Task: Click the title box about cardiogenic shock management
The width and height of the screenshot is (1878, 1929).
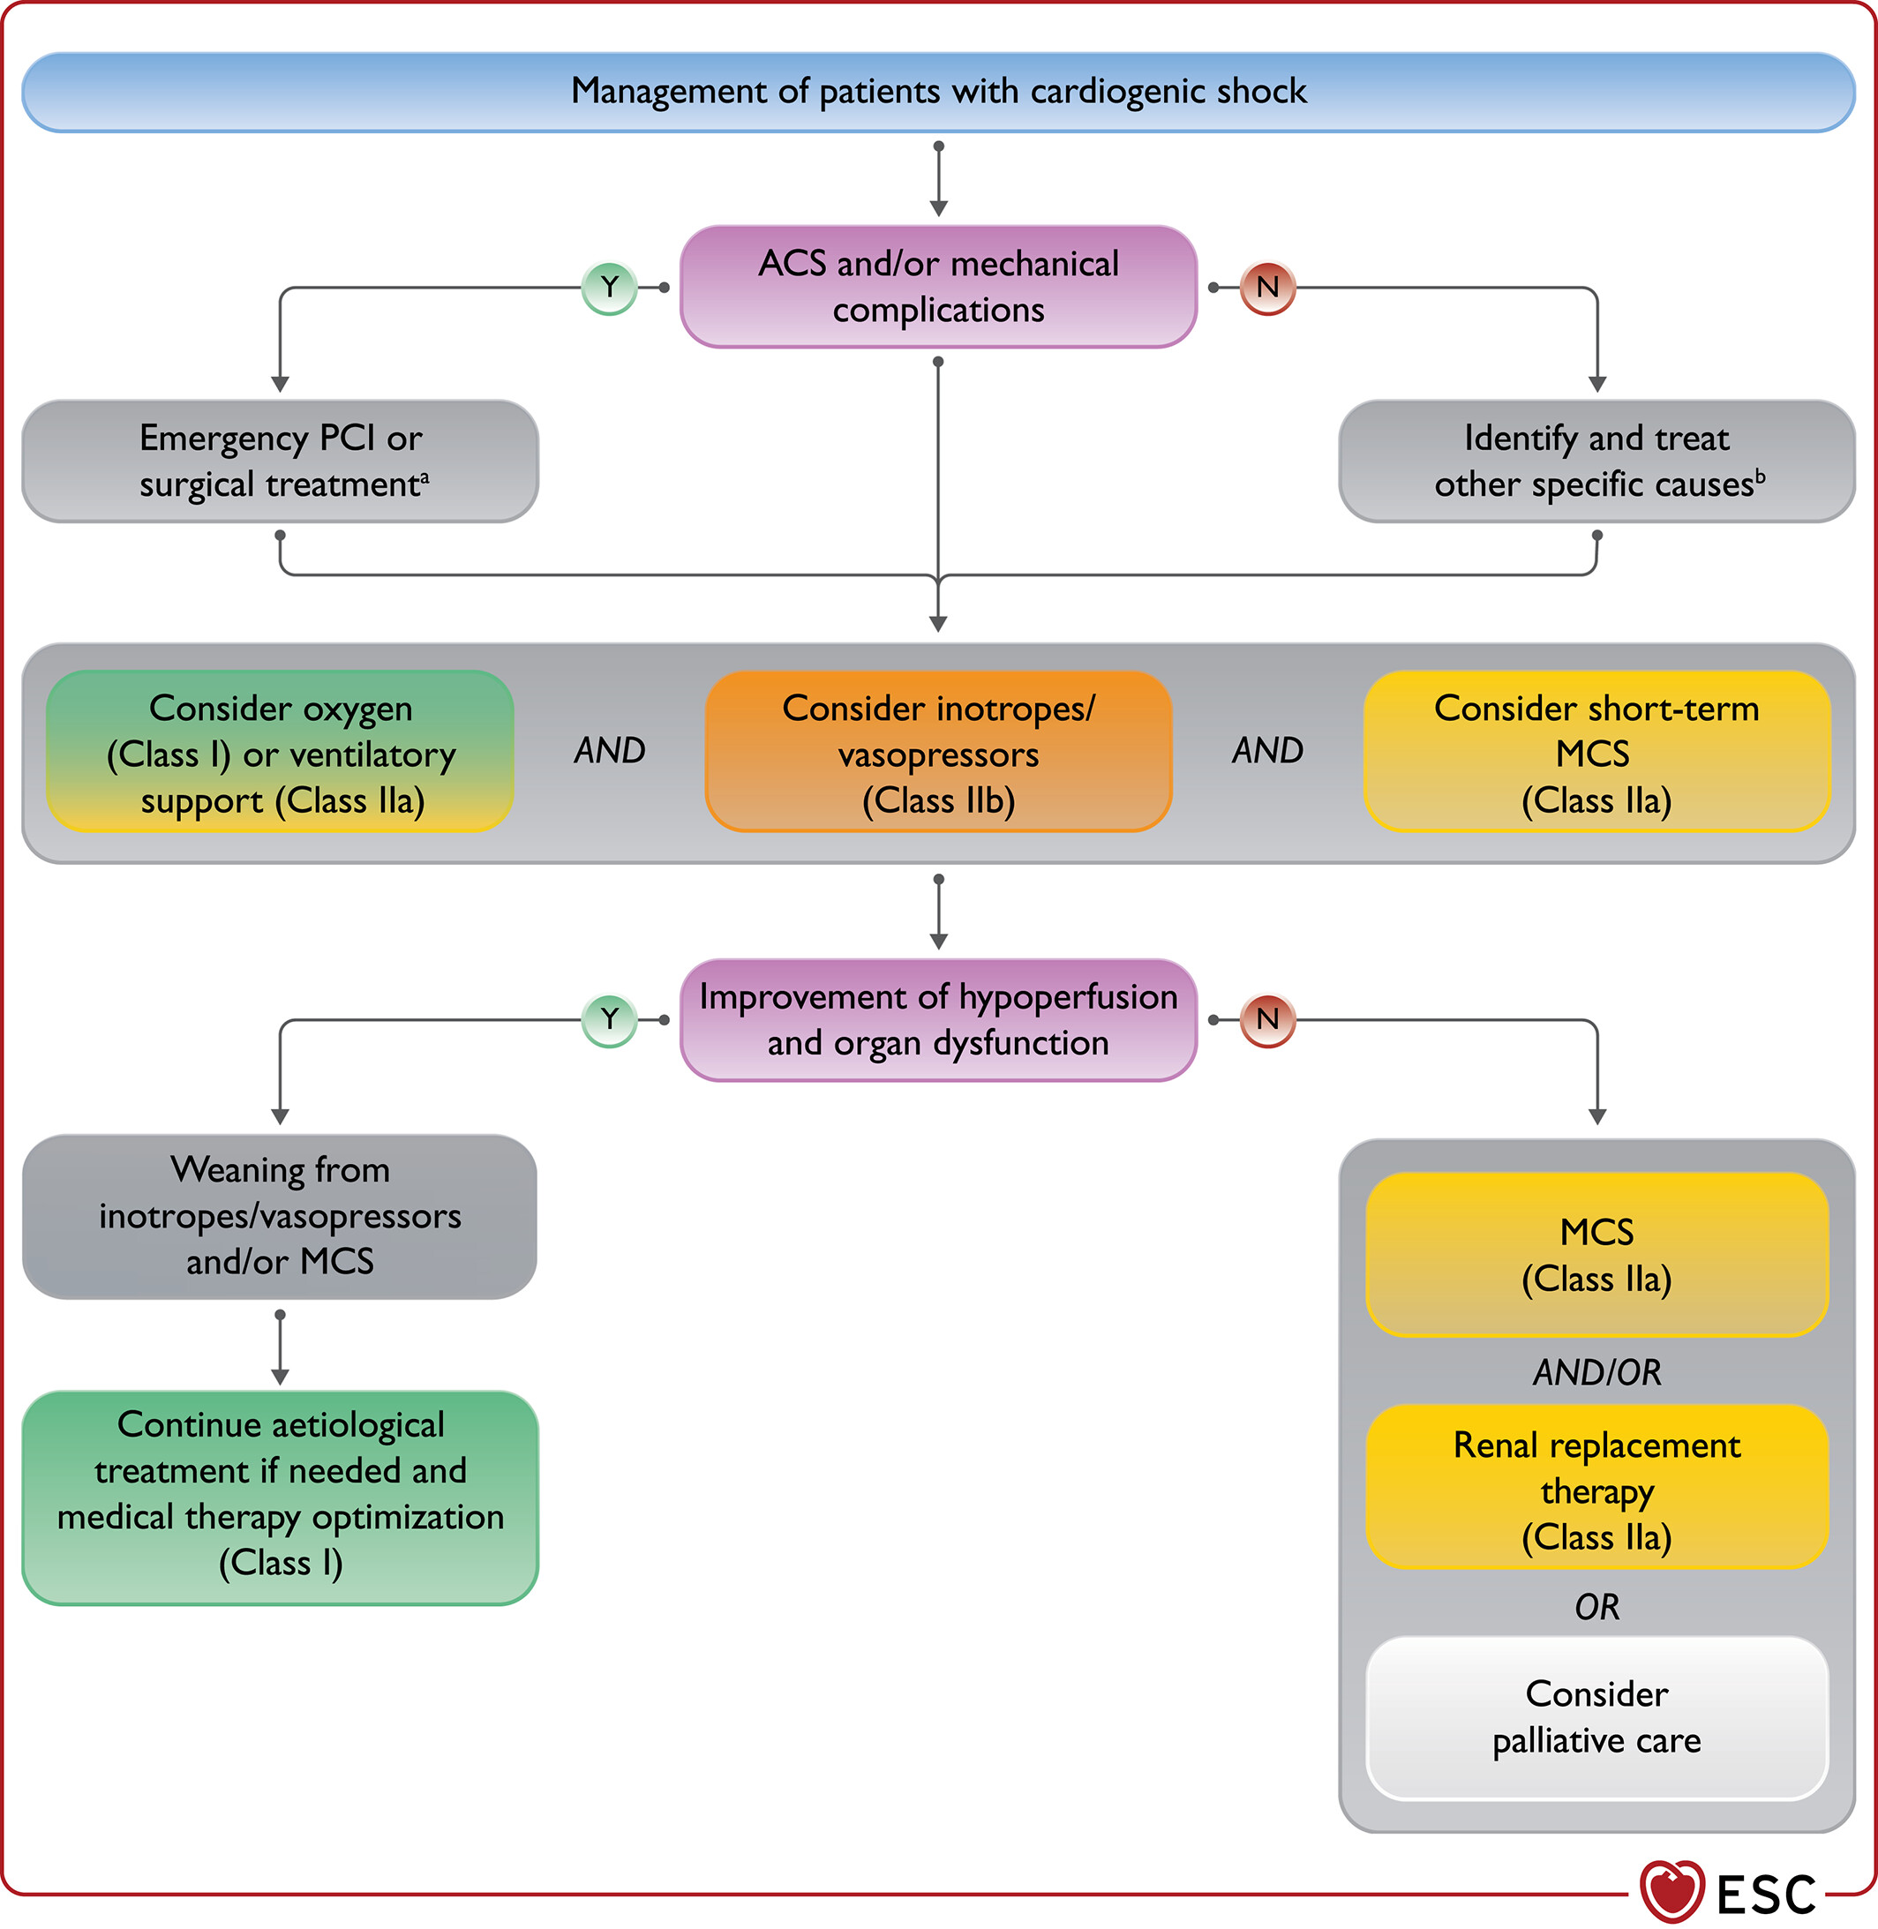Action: tap(938, 92)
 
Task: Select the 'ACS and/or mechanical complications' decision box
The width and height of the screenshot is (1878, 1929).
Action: tap(938, 287)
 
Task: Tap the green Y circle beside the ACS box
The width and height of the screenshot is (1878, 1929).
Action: tap(610, 288)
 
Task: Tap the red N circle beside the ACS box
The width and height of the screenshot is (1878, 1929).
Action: tap(1267, 288)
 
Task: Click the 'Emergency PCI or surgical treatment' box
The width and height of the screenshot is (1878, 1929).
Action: tap(280, 461)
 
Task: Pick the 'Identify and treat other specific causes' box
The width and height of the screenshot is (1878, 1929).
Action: tap(1596, 461)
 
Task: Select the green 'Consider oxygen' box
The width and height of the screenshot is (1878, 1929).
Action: tap(280, 752)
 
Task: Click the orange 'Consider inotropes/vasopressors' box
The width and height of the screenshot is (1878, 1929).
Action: tap(938, 752)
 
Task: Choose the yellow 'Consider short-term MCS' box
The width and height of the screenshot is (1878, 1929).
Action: tap(1596, 752)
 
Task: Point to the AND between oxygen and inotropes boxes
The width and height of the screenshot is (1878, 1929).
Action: tap(610, 750)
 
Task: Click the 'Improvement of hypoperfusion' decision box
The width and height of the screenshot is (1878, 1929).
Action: tap(938, 1020)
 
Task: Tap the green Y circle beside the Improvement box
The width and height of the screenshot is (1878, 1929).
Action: tap(610, 1020)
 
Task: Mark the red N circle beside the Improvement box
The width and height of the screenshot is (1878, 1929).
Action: tap(1267, 1020)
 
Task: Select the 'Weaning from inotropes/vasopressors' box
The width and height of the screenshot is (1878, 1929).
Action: tap(280, 1216)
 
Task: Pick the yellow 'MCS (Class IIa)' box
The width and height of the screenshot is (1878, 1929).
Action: tap(1596, 1255)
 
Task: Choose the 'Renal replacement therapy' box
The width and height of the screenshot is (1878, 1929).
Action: tap(1596, 1487)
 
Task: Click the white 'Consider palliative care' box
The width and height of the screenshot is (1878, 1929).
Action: tap(1596, 1718)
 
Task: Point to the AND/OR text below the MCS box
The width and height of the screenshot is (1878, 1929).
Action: tap(1596, 1372)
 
